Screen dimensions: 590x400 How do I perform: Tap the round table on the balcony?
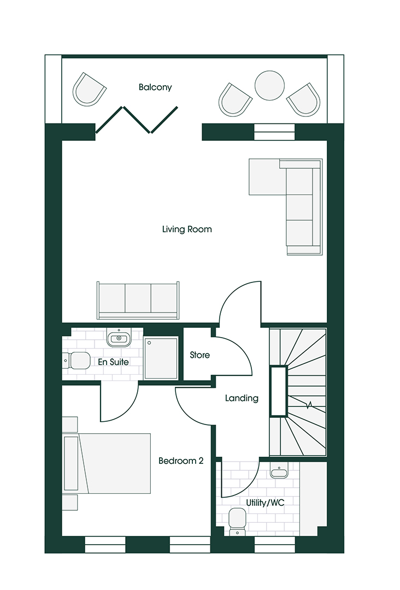(270, 86)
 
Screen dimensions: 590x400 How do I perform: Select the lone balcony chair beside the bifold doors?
(90, 89)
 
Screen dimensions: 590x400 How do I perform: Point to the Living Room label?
(187, 229)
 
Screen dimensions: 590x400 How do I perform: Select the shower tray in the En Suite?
(161, 358)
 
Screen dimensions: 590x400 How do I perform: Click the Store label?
(199, 355)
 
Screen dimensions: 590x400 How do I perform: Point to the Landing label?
(242, 398)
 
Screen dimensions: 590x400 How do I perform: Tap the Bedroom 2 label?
(181, 461)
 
